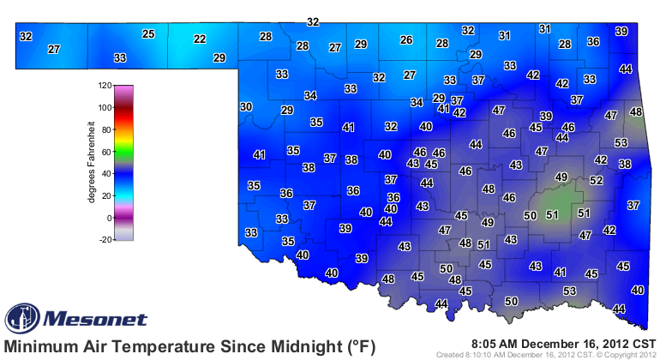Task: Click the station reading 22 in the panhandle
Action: pos(200,39)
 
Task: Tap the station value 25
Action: pos(148,34)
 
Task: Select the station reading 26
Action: pos(407,39)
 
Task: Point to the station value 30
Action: pos(246,106)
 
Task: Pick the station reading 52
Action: pos(596,181)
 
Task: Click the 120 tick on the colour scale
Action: pos(105,86)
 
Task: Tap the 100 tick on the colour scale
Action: pos(105,108)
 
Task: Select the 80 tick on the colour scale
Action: pos(108,130)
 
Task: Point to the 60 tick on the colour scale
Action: pos(108,152)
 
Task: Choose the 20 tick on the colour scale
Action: pos(108,196)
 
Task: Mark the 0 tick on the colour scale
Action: pos(110,219)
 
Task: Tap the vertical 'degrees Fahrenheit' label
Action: pos(91,164)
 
